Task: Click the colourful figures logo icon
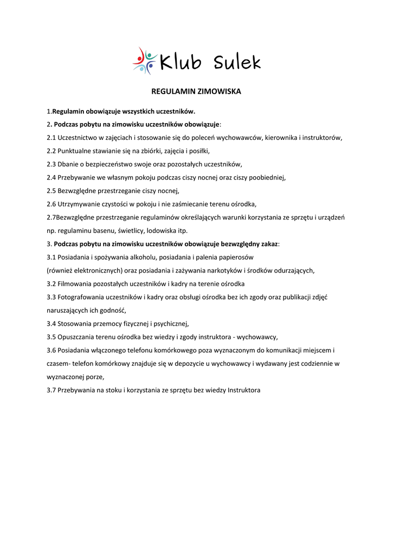tap(144, 61)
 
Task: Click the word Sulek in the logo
tap(237, 63)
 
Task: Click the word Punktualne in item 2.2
tap(76, 151)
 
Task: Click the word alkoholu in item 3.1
tap(142, 257)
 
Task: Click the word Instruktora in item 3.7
tap(244, 390)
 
